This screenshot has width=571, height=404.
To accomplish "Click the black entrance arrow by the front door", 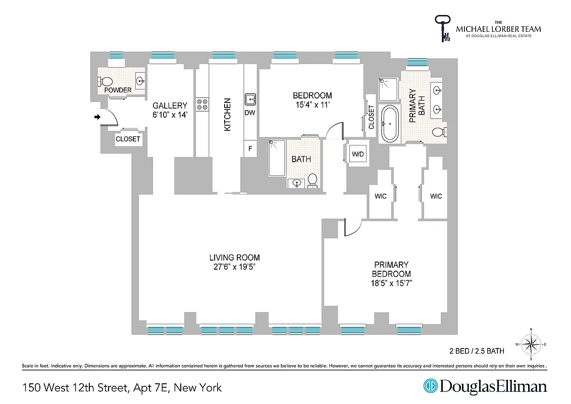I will tap(97, 117).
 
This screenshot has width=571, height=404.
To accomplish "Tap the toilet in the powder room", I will tap(106, 81).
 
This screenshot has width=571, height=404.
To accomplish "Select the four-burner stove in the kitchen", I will tap(202, 104).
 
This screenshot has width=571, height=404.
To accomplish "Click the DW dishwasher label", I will tap(250, 113).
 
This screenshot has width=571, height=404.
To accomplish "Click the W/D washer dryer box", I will tap(357, 153).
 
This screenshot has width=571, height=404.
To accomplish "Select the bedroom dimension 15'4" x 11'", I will tap(313, 105).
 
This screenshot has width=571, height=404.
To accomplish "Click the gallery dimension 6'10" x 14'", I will tap(170, 115).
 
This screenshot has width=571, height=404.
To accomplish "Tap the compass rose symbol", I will tap(531, 344).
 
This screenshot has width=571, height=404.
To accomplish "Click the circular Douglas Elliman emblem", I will tap(431, 386).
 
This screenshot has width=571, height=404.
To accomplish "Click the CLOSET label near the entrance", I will tap(128, 139).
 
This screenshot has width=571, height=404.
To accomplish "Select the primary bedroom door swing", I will tap(353, 227).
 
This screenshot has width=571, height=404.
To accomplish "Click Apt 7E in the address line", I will tap(151, 388).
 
